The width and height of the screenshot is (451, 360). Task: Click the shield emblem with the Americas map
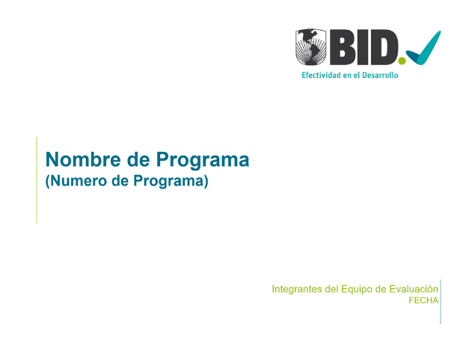coord(311,46)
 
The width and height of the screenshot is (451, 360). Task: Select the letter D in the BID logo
coord(384,47)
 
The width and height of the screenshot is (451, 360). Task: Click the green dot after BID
coord(402,61)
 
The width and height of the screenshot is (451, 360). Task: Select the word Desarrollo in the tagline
coord(380,75)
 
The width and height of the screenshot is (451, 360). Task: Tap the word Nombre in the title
coord(83,159)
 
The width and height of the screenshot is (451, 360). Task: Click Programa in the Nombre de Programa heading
coord(203,160)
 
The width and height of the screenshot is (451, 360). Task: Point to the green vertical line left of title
coord(37,180)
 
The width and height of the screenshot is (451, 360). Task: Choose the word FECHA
coord(423,300)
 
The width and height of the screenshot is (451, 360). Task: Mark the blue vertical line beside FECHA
coord(441,302)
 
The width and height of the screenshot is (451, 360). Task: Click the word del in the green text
coord(331,289)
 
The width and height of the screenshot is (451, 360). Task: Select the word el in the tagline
coord(356,75)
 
